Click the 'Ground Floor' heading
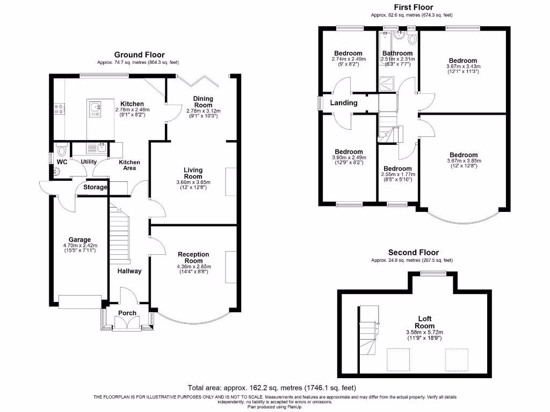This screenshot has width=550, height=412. [x=139, y=55]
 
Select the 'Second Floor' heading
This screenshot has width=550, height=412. [x=414, y=253]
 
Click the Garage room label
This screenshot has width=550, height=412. [x=79, y=240]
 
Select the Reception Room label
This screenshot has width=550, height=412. [x=193, y=257]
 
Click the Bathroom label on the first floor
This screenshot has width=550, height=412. [x=397, y=53]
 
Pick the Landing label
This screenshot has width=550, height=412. [x=344, y=102]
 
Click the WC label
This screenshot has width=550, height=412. [x=62, y=161]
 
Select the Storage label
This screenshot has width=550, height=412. [x=95, y=187]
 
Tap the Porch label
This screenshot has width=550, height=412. [x=127, y=313]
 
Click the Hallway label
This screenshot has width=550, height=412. [x=130, y=271]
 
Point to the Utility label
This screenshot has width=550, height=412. [x=89, y=161]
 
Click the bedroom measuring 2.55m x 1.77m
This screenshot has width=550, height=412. [x=398, y=168]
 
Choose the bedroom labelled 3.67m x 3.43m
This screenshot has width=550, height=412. [x=463, y=61]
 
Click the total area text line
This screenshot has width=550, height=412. [x=271, y=387]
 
